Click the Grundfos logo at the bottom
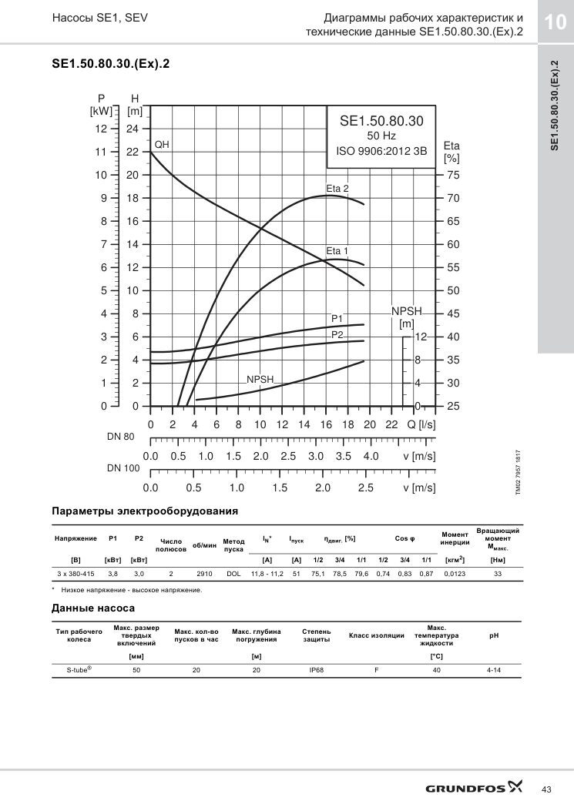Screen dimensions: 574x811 [474, 788]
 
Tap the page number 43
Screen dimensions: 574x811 [546, 789]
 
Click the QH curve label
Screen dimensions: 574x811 [162, 145]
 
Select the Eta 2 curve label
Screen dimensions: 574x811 [337, 189]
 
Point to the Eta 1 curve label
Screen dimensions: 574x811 [337, 251]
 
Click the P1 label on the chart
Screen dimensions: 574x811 [337, 319]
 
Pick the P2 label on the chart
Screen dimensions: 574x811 [337, 334]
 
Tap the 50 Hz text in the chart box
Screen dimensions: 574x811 [381, 136]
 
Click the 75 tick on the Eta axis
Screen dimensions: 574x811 [453, 176]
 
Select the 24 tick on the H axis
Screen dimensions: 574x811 [133, 129]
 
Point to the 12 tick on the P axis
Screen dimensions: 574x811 [101, 129]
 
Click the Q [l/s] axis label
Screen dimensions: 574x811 [421, 424]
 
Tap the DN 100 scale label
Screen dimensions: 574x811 [123, 468]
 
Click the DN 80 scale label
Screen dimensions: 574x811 [121, 437]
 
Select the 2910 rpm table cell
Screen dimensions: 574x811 [204, 574]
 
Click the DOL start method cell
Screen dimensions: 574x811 [233, 574]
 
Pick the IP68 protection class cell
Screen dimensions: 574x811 [316, 670]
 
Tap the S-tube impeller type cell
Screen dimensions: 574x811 [79, 669]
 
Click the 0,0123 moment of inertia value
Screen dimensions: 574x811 [455, 574]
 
